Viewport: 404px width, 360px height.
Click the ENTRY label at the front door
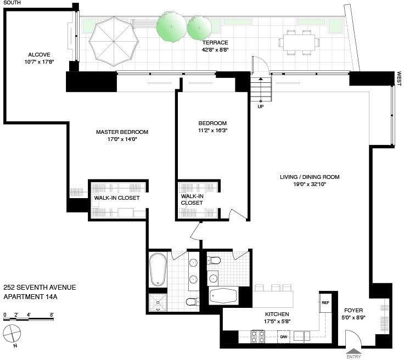point(354,356)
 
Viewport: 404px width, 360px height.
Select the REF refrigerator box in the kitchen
point(325,302)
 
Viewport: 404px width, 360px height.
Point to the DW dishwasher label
point(284,336)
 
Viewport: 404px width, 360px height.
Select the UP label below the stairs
point(261,107)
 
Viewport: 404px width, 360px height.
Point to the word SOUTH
point(12,3)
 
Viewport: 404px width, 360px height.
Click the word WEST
point(400,79)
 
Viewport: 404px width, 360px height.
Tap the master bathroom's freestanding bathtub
point(158,269)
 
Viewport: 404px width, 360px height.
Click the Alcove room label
point(39,54)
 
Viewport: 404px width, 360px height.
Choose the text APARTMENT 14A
point(31,297)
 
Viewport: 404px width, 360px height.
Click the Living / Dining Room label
point(310,177)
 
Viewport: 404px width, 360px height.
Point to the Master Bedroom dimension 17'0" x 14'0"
point(122,139)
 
